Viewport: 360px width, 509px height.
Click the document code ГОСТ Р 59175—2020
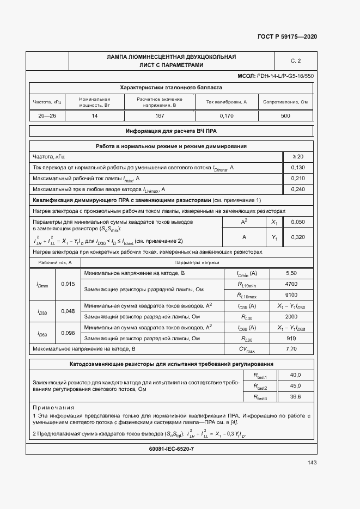pos(287,36)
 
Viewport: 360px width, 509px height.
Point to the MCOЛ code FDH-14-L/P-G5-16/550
pos(276,76)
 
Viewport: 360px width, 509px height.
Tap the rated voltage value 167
pos(160,116)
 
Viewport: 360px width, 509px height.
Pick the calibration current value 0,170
pos(227,116)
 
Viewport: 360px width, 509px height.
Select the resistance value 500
pos(285,116)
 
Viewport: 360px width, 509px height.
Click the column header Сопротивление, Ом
pos(285,102)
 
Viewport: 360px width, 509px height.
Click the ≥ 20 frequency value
pos(298,157)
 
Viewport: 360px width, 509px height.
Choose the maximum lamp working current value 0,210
pos(298,178)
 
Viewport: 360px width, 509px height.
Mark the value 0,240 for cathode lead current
pos(298,189)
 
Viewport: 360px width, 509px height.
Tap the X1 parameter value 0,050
pos(298,223)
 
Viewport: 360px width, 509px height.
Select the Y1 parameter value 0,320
pos(298,237)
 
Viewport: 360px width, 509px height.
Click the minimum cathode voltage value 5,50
pos(291,273)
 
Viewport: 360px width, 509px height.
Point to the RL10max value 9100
pos(291,295)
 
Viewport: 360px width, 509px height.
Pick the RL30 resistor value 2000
pos(291,316)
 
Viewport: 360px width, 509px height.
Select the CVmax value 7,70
pos(291,348)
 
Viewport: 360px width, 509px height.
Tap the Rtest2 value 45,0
pos(295,386)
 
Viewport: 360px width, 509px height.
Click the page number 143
pos(312,463)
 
